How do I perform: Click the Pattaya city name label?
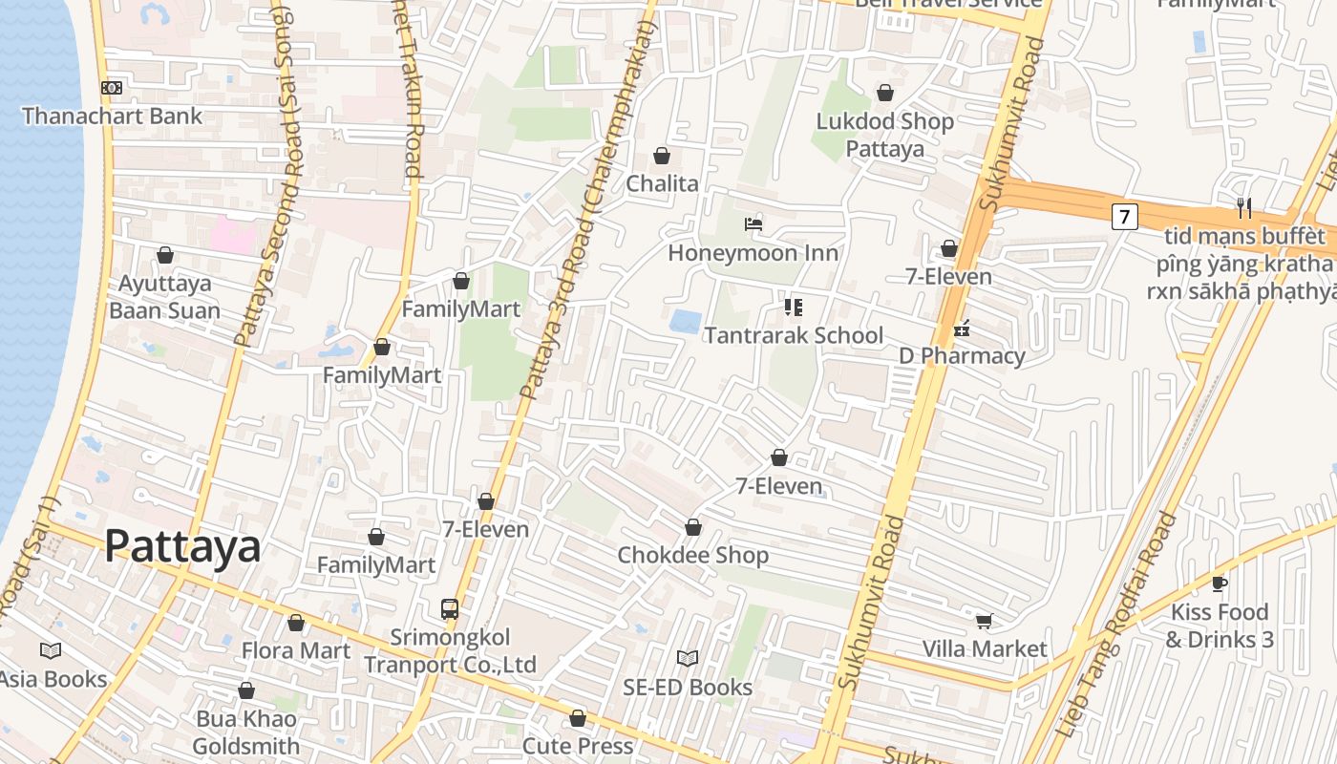pyautogui.click(x=181, y=546)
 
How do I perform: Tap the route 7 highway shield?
pyautogui.click(x=1124, y=217)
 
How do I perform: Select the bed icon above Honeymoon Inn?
pyautogui.click(x=753, y=224)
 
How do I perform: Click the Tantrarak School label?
pyautogui.click(x=794, y=335)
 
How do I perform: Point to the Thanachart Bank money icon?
pyautogui.click(x=112, y=88)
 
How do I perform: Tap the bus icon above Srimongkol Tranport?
pyautogui.click(x=449, y=608)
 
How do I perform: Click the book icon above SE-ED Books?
pyautogui.click(x=687, y=658)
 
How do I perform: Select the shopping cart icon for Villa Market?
pyautogui.click(x=984, y=621)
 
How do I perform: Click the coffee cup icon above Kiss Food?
pyautogui.click(x=1219, y=583)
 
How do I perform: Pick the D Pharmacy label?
pyautogui.click(x=962, y=356)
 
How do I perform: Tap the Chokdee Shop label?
pyautogui.click(x=692, y=555)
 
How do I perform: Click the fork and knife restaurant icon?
pyautogui.click(x=1243, y=207)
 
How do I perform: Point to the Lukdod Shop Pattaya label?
pyautogui.click(x=885, y=135)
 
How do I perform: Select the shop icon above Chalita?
pyautogui.click(x=662, y=156)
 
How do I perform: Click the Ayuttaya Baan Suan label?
pyautogui.click(x=164, y=297)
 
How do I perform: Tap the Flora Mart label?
pyautogui.click(x=296, y=650)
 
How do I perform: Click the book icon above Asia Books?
pyautogui.click(x=51, y=650)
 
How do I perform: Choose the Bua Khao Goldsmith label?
pyautogui.click(x=246, y=732)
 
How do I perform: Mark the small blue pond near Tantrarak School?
pyautogui.click(x=685, y=321)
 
